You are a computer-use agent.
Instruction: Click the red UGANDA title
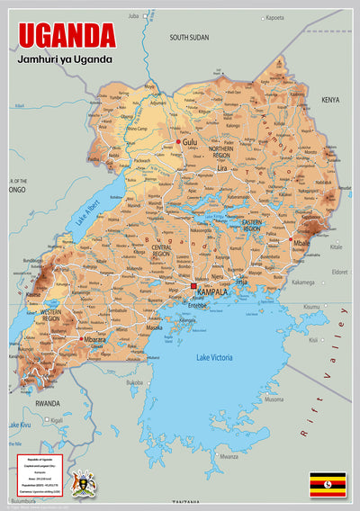[67, 35]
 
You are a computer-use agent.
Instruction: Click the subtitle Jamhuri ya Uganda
[64, 59]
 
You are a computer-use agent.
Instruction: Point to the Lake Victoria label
[215, 358]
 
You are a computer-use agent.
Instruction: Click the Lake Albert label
[87, 215]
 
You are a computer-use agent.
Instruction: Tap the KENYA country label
[330, 100]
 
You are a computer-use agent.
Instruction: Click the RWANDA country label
[47, 404]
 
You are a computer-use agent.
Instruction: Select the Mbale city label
[301, 242]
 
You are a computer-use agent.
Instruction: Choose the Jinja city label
[240, 282]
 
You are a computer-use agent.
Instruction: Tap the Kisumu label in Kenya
[311, 308]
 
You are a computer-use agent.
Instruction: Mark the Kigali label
[57, 420]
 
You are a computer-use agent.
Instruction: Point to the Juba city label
[135, 16]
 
